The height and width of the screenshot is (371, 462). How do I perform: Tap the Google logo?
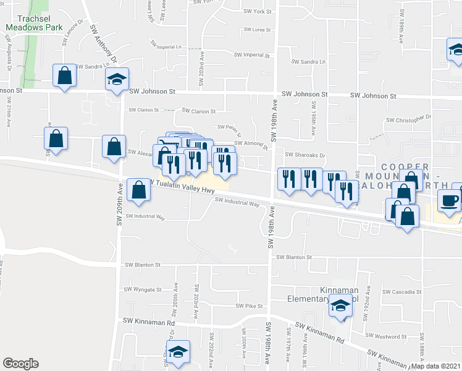click(20, 364)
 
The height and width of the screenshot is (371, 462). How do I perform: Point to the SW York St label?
click(258, 12)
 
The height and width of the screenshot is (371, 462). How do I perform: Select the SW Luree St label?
click(257, 30)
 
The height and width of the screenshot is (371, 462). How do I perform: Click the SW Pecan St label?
click(228, 129)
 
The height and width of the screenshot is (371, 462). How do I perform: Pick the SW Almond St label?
click(251, 143)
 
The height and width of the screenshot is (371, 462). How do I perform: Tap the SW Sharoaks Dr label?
click(304, 156)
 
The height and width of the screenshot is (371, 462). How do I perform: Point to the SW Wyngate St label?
click(143, 289)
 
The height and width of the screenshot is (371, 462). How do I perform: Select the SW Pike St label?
click(250, 306)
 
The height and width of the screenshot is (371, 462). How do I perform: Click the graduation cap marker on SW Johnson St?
click(117, 79)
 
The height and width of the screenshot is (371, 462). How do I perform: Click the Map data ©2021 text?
click(434, 366)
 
